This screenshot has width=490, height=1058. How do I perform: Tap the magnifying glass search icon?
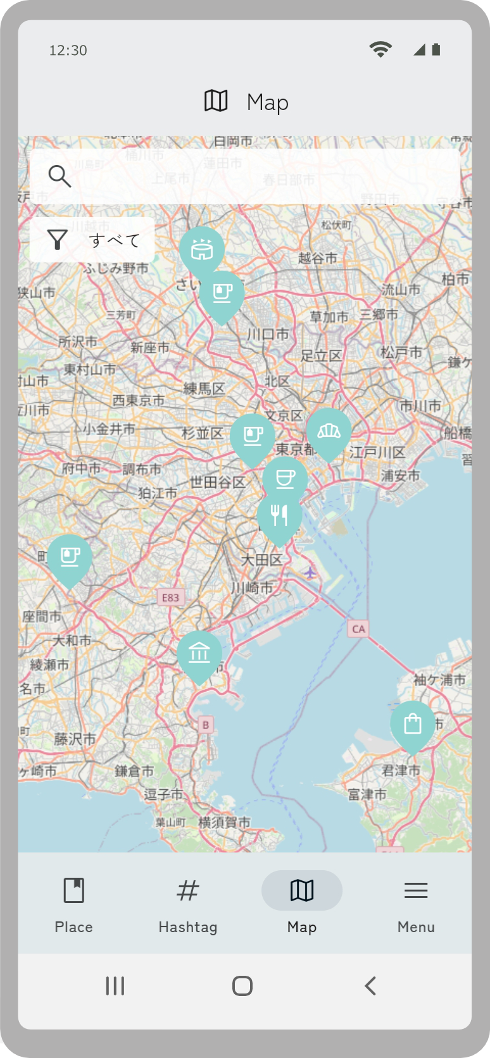point(60,176)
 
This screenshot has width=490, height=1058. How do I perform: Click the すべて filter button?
point(92,240)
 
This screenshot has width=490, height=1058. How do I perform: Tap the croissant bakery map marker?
point(329,432)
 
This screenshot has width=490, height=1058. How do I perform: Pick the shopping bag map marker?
point(413,723)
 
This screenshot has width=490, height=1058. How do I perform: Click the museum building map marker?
point(199,653)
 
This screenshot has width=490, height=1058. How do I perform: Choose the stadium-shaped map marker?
point(202,250)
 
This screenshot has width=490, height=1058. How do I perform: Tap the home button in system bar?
point(242,986)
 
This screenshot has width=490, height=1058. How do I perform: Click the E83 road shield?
point(170,598)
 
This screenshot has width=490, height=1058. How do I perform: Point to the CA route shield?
point(358,629)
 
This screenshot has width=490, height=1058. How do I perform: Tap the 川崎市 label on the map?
point(251,588)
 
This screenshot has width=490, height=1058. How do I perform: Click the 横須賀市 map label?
point(224,822)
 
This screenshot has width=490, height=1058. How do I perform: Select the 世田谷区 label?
point(217,483)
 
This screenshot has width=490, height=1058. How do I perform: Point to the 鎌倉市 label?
point(134,771)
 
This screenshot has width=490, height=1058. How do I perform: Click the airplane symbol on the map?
point(310,572)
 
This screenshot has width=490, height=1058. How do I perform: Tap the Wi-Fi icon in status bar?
point(380,49)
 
